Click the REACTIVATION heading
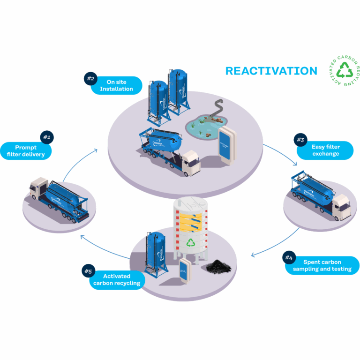tap(271, 71)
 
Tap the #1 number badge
tap(46, 137)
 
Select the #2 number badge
tap(90, 78)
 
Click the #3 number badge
tap(300, 139)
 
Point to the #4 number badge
tap(289, 258)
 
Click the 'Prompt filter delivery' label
tap(26, 151)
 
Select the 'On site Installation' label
tap(116, 85)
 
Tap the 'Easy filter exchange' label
tap(325, 150)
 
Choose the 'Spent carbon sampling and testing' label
tap(322, 266)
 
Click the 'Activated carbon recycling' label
tap(117, 280)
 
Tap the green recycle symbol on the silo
tap(191, 242)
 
